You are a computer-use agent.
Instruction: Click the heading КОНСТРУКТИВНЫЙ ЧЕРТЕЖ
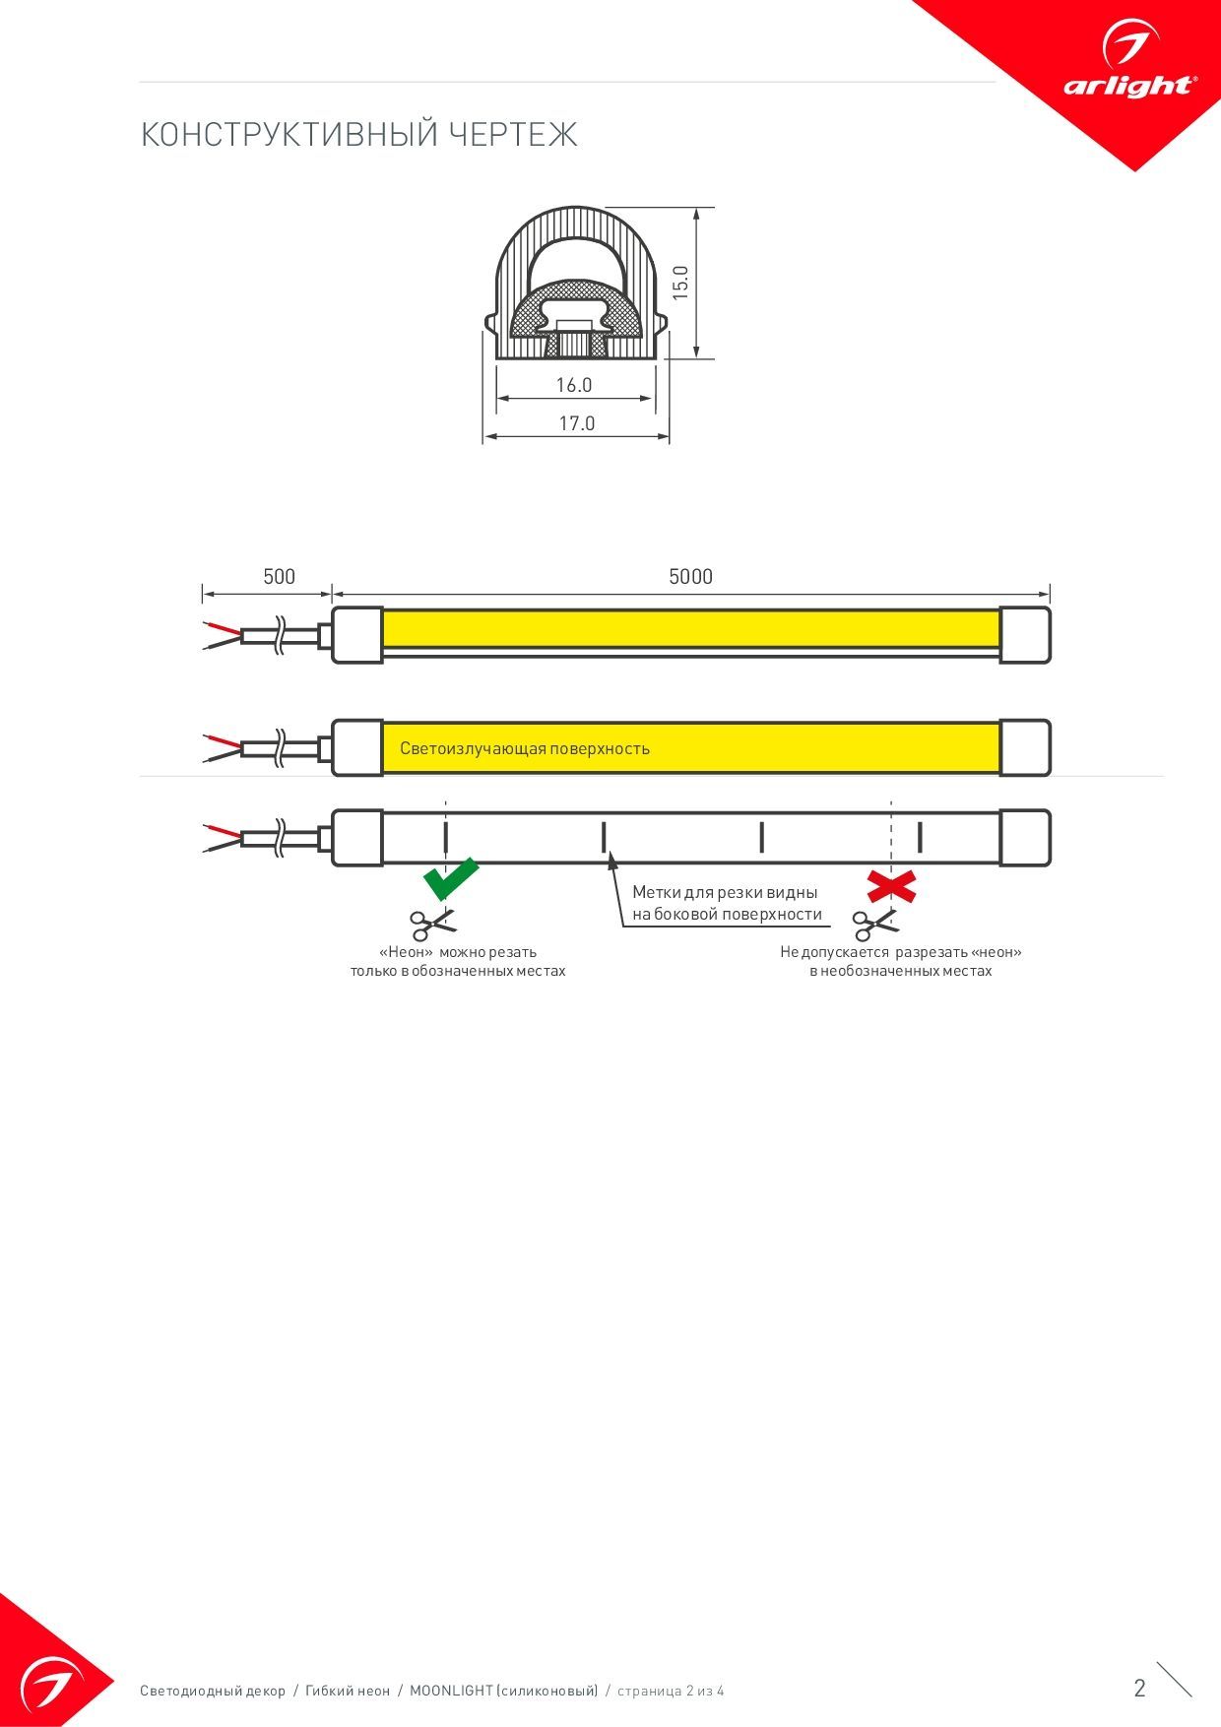tap(358, 135)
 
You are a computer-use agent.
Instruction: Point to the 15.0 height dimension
tap(680, 283)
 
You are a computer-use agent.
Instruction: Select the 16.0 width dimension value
tap(574, 385)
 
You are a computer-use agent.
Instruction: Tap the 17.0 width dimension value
tap(577, 423)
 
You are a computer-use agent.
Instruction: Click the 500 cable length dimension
tap(279, 576)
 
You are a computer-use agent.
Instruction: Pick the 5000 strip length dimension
tap(690, 576)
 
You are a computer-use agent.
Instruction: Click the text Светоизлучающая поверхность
tap(525, 748)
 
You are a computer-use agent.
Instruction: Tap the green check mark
tap(450, 877)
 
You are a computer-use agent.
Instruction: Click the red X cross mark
tap(891, 886)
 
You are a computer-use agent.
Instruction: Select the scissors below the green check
tap(433, 925)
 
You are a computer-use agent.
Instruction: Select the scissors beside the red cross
tap(875, 925)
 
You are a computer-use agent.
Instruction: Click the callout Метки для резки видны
tap(725, 892)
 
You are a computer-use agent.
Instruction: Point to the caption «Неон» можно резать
tap(458, 952)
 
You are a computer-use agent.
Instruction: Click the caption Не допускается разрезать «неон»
tap(901, 952)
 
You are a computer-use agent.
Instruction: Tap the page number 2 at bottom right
tap(1140, 1688)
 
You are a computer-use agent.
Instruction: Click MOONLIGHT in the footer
tap(451, 1691)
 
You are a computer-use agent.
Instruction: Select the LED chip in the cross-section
tap(573, 325)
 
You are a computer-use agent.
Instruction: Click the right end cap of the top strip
tap(1025, 635)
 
